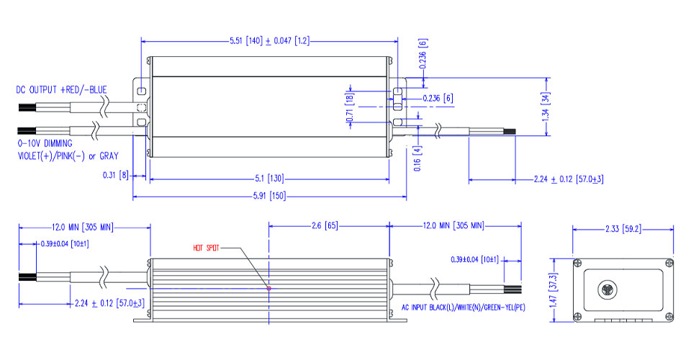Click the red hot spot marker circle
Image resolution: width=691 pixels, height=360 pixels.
(x=269, y=288)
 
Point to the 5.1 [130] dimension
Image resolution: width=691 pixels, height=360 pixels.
(x=270, y=178)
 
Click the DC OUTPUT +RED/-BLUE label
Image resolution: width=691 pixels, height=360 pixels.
(x=62, y=90)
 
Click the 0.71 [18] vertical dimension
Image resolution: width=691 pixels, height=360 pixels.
(x=351, y=107)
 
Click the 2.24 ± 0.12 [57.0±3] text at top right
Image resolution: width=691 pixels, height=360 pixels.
(x=568, y=179)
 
